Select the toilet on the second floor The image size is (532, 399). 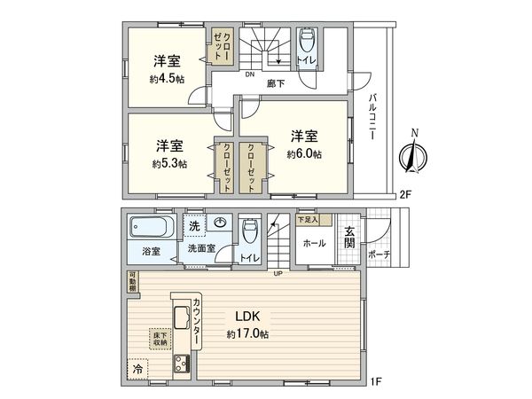tap(307, 43)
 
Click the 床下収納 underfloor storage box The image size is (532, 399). tap(160, 339)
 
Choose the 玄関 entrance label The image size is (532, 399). tap(350, 238)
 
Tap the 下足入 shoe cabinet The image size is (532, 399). tap(308, 219)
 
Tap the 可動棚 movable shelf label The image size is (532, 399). tap(130, 282)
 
